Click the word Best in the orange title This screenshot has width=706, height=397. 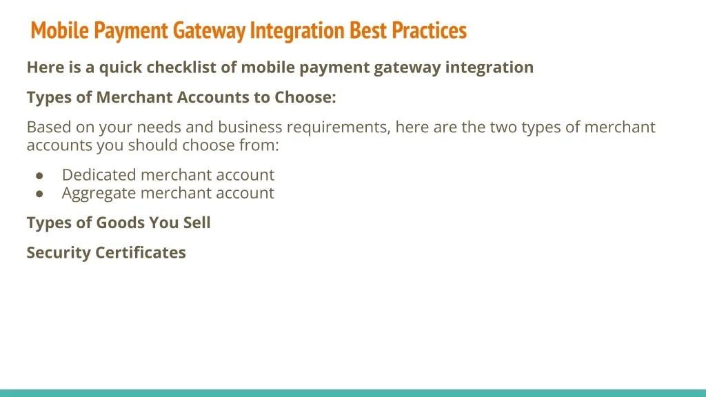pos(368,30)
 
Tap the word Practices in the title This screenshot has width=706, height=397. pos(429,30)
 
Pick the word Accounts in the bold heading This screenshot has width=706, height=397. pos(212,97)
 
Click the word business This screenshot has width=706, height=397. pos(250,128)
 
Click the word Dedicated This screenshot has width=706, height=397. pos(99,174)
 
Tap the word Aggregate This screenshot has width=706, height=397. pos(99,194)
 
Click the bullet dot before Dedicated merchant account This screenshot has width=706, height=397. pos(39,176)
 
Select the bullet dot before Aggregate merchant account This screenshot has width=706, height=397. pos(39,194)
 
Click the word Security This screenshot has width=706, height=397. pos(59,253)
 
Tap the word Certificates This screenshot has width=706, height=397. pos(141,252)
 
